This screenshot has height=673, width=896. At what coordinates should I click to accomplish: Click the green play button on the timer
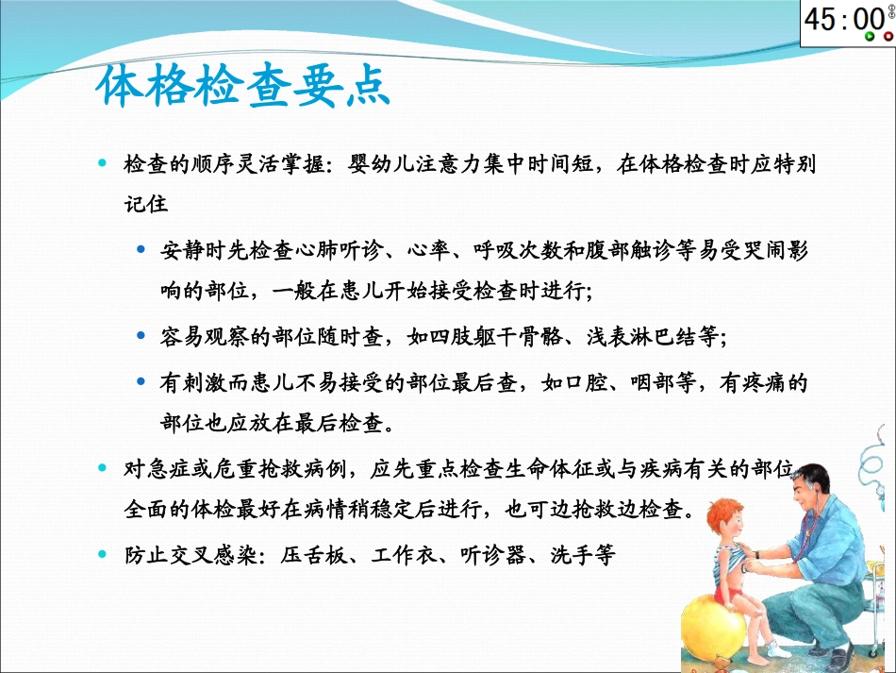point(870,37)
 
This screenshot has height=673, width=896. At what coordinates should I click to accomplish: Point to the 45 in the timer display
point(821,20)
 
